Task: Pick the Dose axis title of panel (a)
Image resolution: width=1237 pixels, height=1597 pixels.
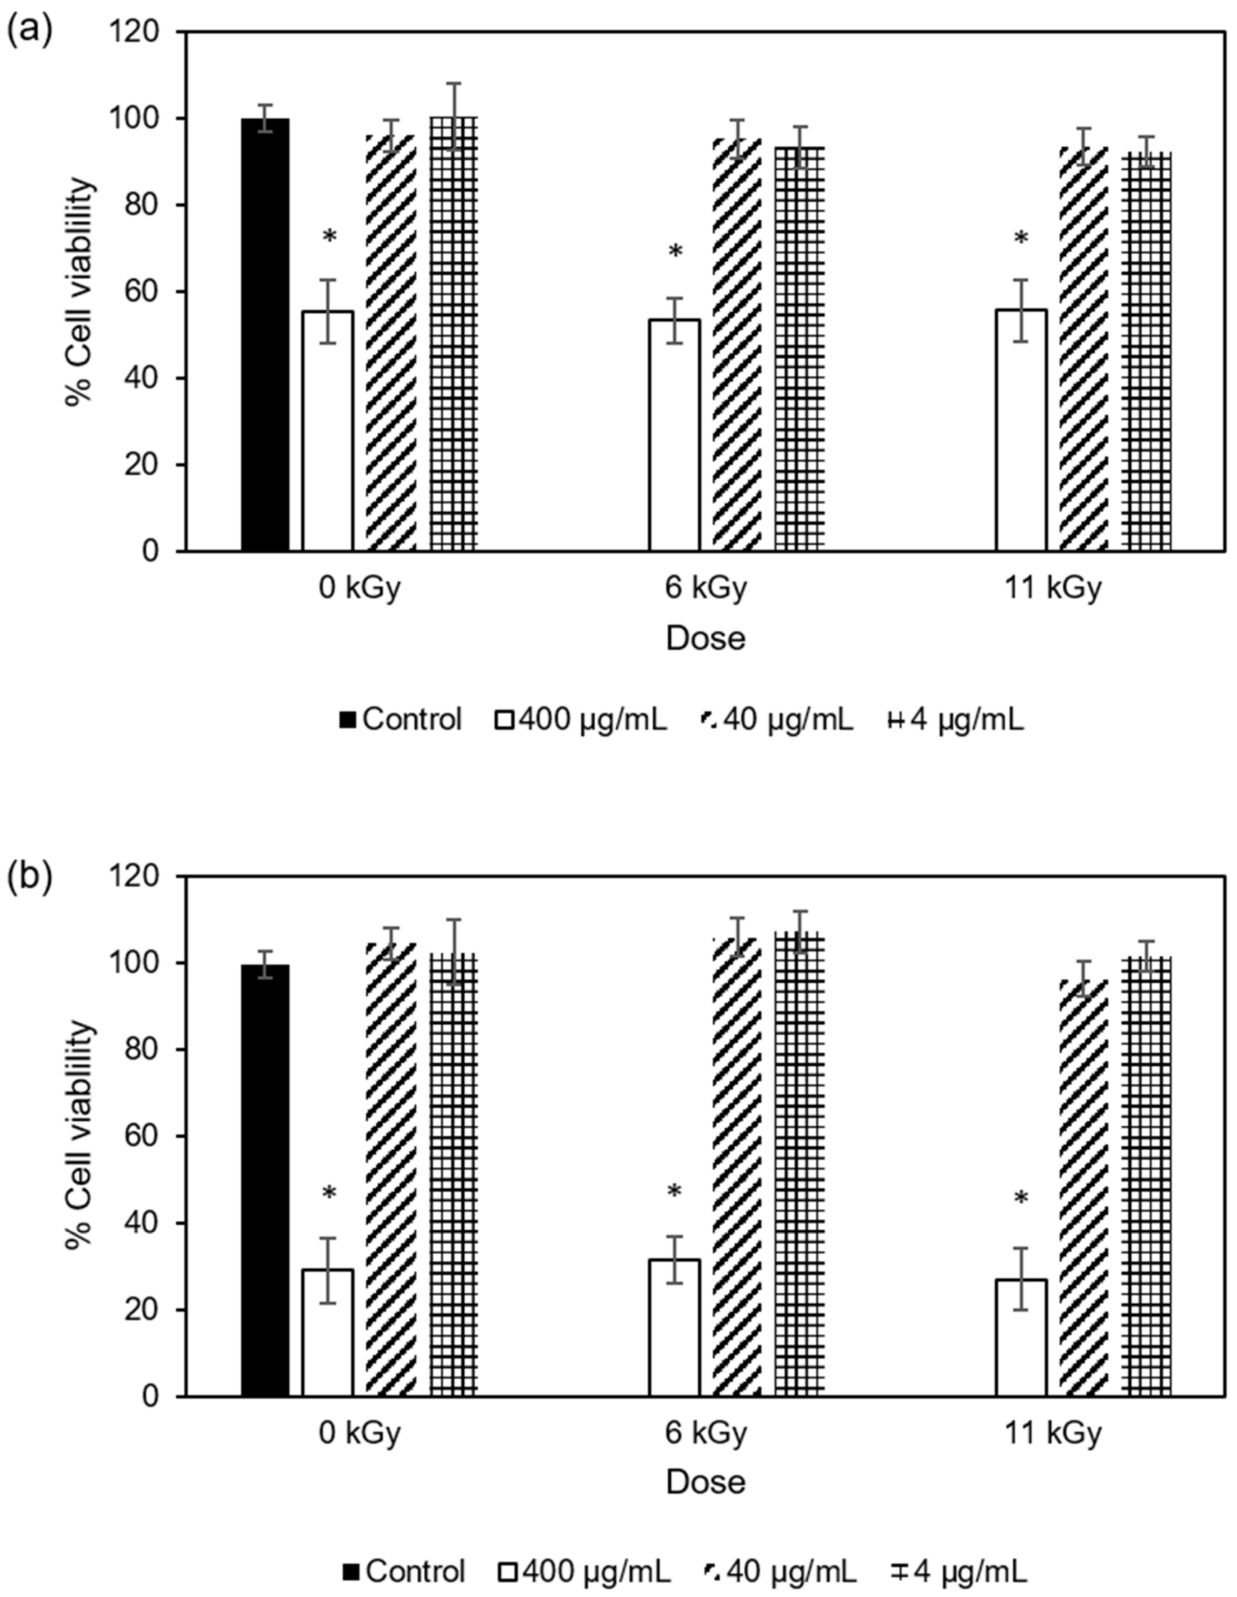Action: (705, 638)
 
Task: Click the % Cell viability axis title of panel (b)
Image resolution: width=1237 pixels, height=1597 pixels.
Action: (81, 1136)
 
